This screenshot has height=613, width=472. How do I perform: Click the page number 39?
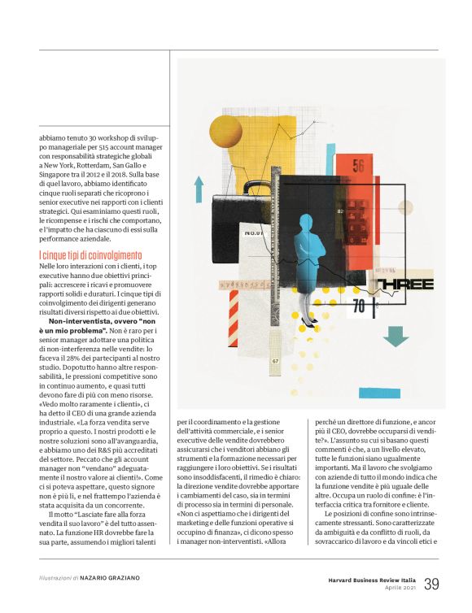pyautogui.click(x=431, y=584)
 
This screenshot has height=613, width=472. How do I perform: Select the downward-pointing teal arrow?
pyautogui.click(x=396, y=335)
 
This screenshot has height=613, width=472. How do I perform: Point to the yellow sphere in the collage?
pyautogui.click(x=226, y=131)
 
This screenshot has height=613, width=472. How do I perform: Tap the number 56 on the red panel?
pyautogui.click(x=359, y=167)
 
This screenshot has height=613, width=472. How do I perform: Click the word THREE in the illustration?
pyautogui.click(x=405, y=284)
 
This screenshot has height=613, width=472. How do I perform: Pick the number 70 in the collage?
pyautogui.click(x=359, y=306)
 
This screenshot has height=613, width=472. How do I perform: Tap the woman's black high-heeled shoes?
pyautogui.click(x=308, y=321)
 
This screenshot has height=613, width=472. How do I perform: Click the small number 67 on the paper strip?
pyautogui.click(x=276, y=360)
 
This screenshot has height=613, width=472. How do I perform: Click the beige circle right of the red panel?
pyautogui.click(x=405, y=207)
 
